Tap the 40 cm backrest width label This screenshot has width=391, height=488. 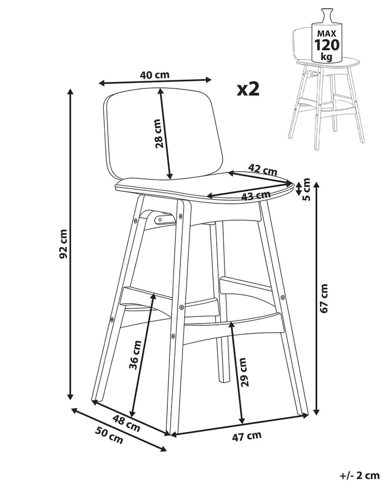[x=155, y=75]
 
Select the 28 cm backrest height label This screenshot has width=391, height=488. [x=158, y=133]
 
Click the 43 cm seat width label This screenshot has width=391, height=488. [x=256, y=195]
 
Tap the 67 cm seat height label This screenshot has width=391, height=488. [x=324, y=298]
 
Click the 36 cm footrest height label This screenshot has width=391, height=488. [x=135, y=355]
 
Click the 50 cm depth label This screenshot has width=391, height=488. [x=109, y=435]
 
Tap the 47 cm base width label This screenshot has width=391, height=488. [x=247, y=436]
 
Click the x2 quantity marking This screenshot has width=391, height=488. [x=248, y=89]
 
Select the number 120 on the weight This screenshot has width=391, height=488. [x=326, y=45]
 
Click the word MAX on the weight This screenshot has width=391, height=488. [x=326, y=33]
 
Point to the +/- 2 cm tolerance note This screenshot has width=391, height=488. [x=359, y=476]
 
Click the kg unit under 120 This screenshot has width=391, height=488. [x=326, y=57]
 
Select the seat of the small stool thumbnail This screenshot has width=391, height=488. [x=327, y=62]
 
